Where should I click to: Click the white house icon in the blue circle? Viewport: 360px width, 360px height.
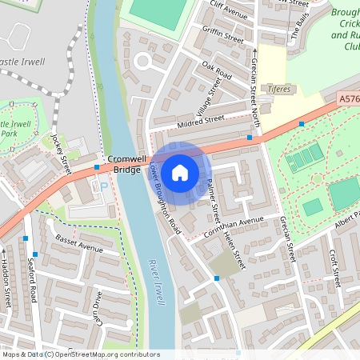[180, 172]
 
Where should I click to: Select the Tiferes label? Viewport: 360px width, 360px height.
[279, 89]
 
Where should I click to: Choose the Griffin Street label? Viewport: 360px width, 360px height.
[223, 36]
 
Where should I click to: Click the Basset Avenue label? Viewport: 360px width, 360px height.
[79, 243]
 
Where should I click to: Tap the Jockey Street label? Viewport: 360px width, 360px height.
[62, 151]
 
